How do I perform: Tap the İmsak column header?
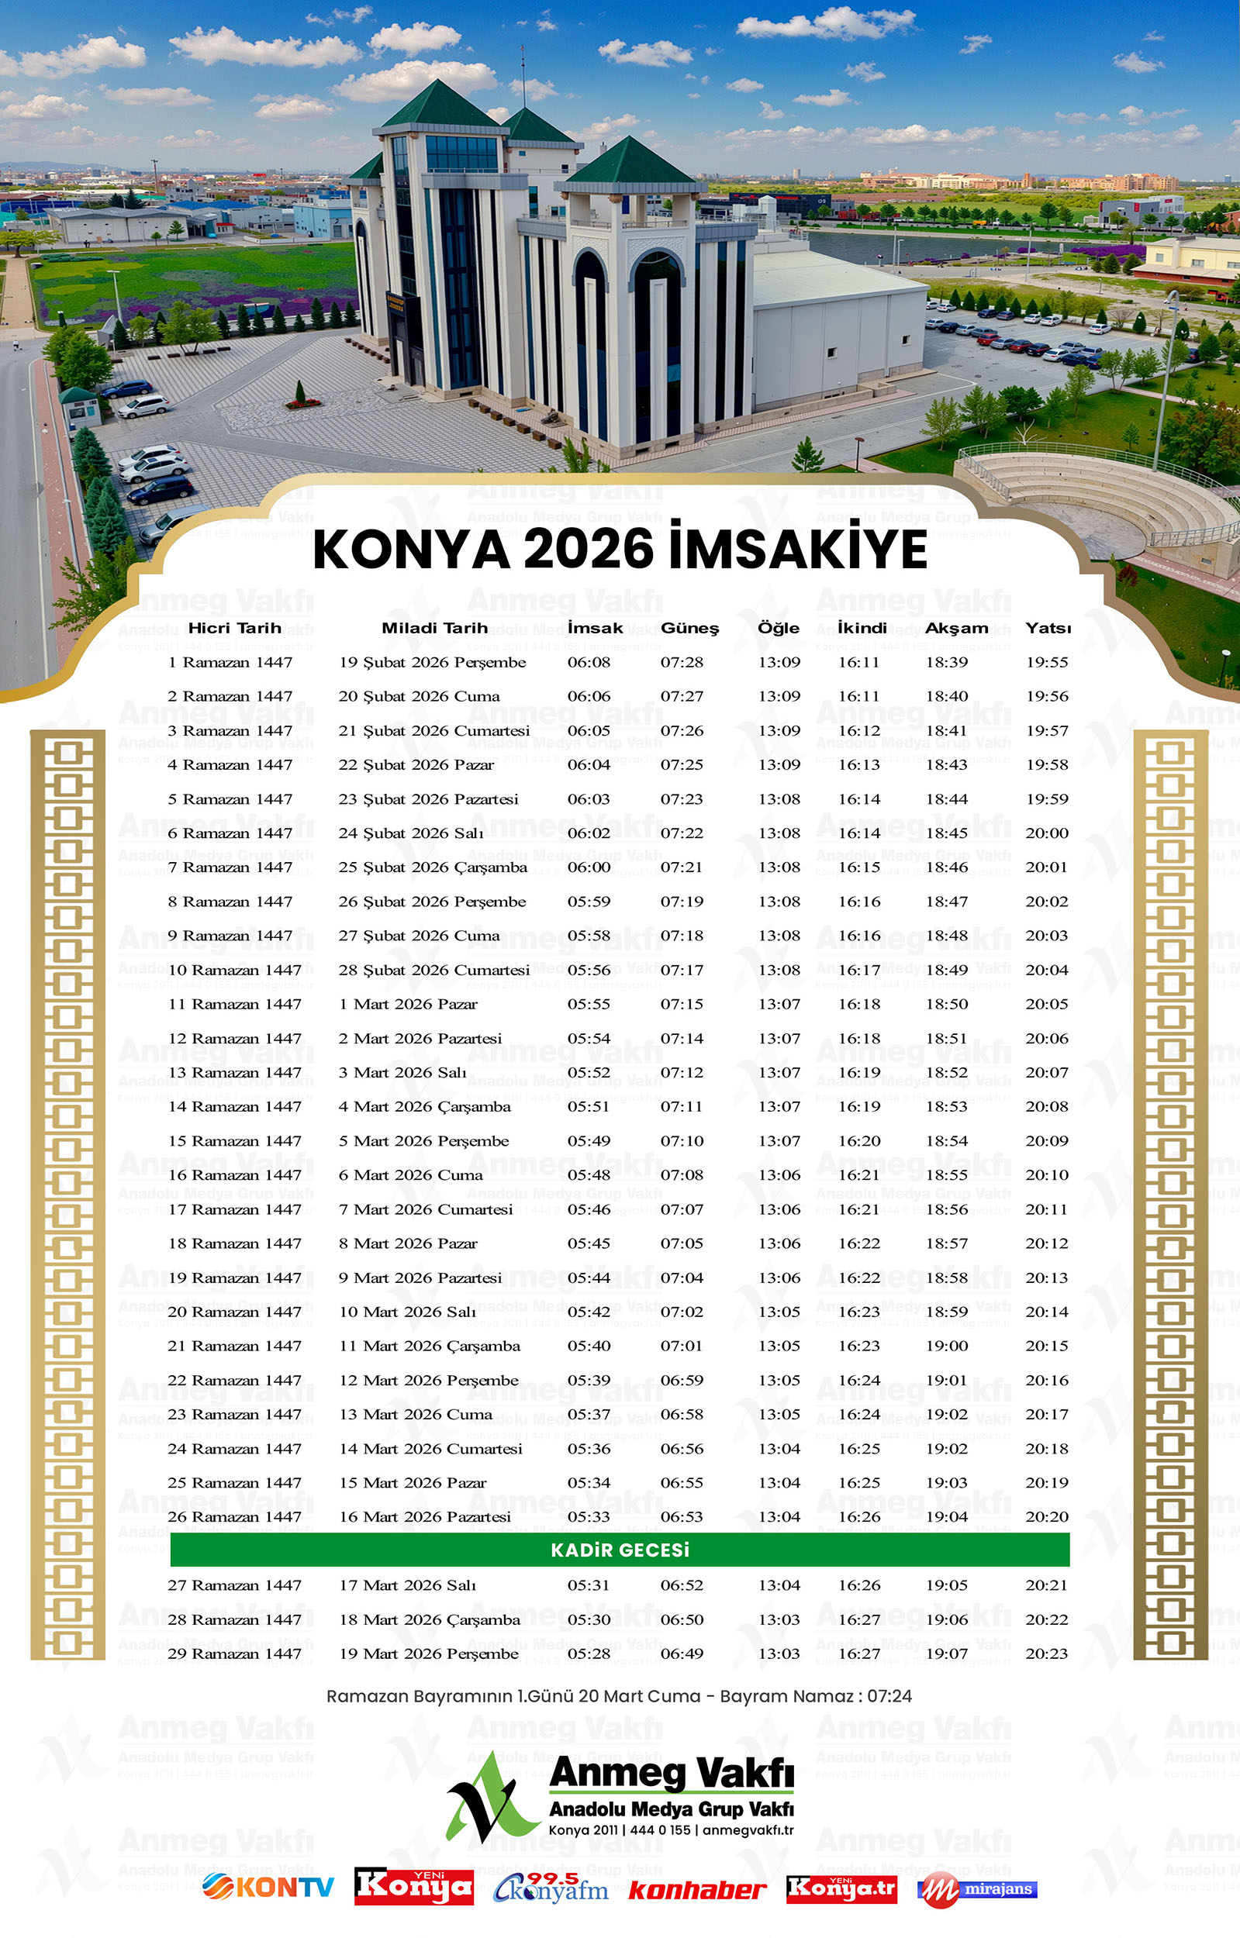[x=594, y=628]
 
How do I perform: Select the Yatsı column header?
[x=1048, y=628]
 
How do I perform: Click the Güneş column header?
[x=689, y=628]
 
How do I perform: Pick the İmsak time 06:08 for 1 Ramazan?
[x=589, y=662]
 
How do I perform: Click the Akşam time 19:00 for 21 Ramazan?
[x=946, y=1346]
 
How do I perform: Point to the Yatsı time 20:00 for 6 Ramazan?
[x=1047, y=833]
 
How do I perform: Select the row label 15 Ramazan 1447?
[x=234, y=1140]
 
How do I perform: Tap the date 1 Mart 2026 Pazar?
[x=407, y=1004]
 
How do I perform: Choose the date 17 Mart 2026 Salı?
[x=407, y=1585]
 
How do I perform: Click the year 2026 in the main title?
[x=589, y=550]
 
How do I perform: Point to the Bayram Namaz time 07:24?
[x=889, y=1697]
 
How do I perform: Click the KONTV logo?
[x=268, y=1887]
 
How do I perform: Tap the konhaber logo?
[x=696, y=1890]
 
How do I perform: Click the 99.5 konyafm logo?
[x=551, y=1888]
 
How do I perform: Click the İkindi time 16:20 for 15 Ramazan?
[x=859, y=1140]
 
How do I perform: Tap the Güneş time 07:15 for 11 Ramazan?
[x=681, y=1004]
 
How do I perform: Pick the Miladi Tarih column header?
[x=434, y=628]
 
